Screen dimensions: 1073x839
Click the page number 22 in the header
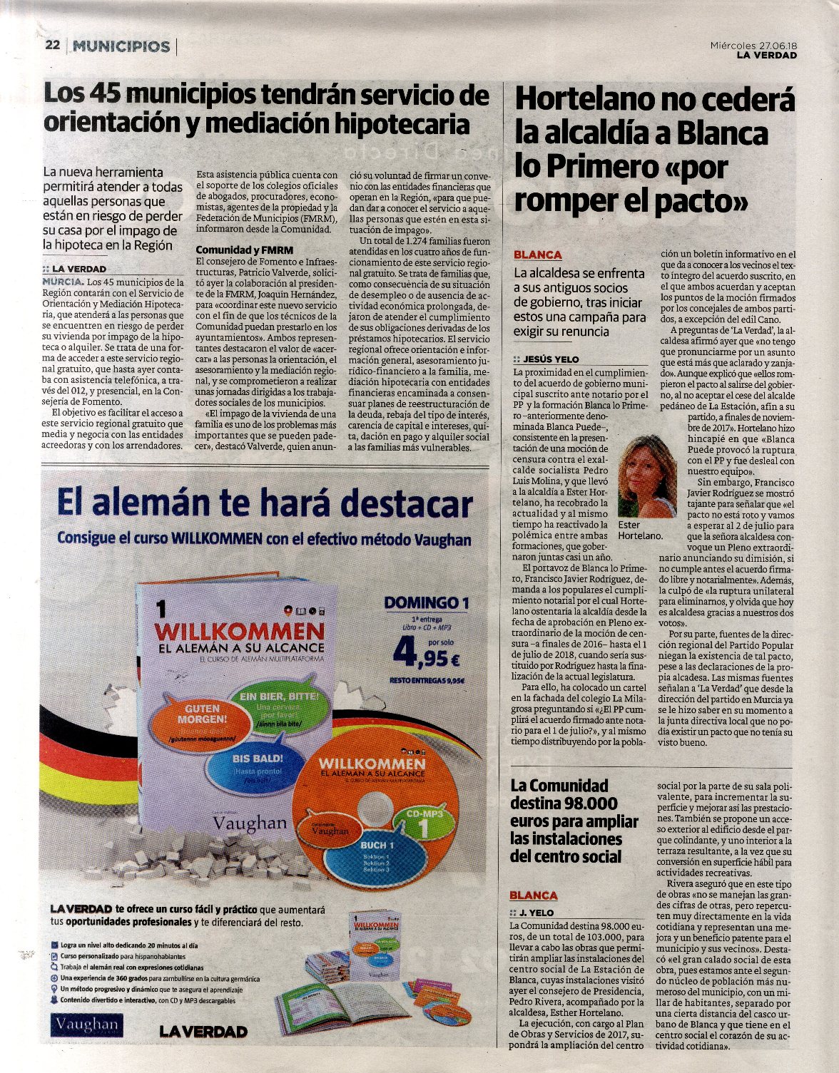coord(51,46)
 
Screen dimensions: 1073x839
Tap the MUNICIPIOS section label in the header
coord(122,47)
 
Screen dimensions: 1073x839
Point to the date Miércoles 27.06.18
coord(753,45)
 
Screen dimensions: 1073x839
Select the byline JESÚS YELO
coord(551,359)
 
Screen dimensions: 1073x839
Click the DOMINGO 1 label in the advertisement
coord(427,603)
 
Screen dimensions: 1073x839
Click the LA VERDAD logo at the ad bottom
coord(203,1032)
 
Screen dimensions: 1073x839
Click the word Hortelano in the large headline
coord(589,99)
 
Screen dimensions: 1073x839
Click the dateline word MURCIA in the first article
coord(63,282)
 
